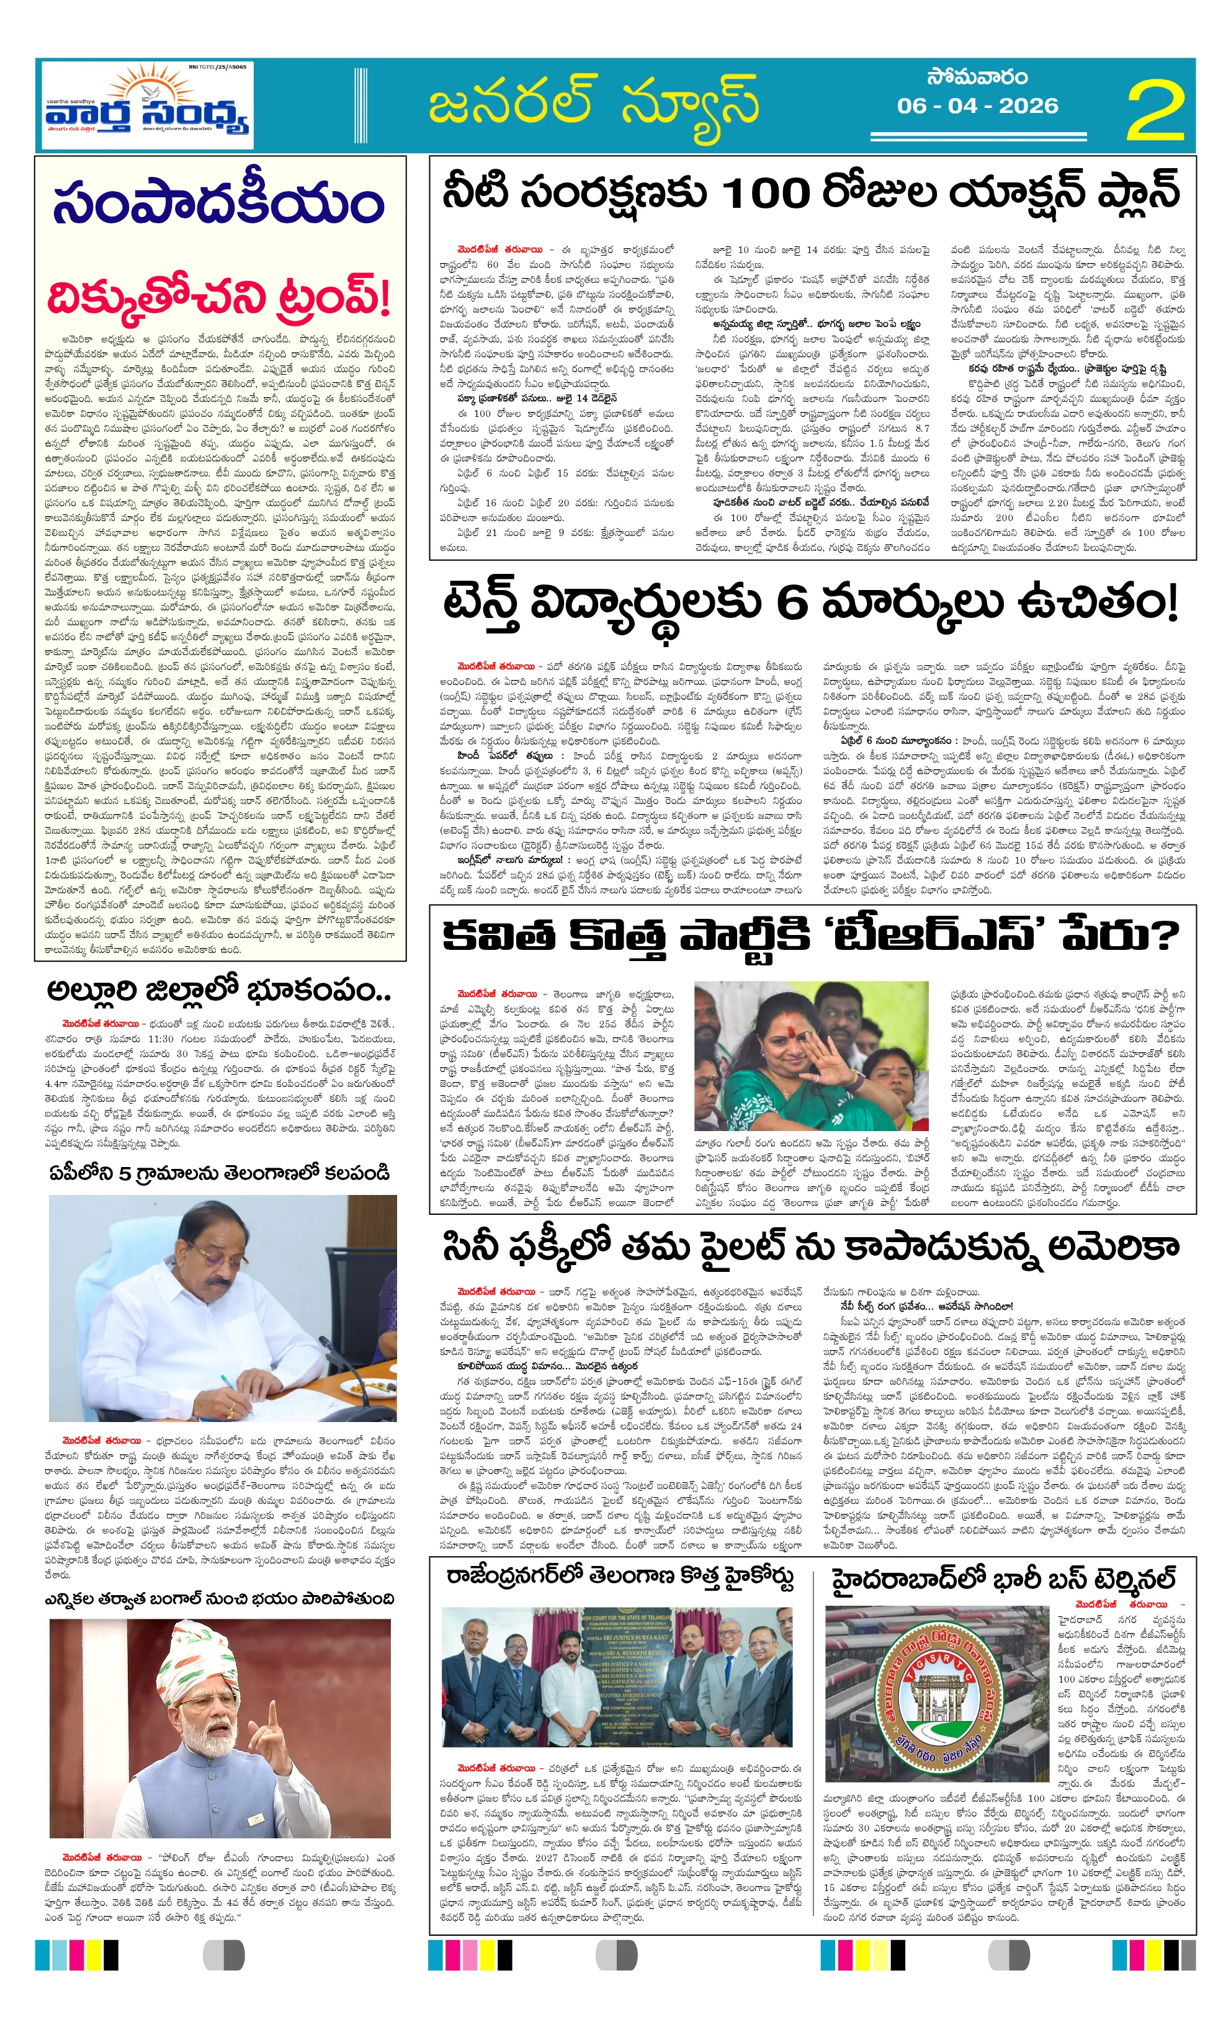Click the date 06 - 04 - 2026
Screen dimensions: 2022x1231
(x=977, y=106)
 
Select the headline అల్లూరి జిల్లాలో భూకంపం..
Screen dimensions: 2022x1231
(x=218, y=991)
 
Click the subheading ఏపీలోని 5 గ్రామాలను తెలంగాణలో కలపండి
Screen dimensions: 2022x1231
(x=218, y=1173)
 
